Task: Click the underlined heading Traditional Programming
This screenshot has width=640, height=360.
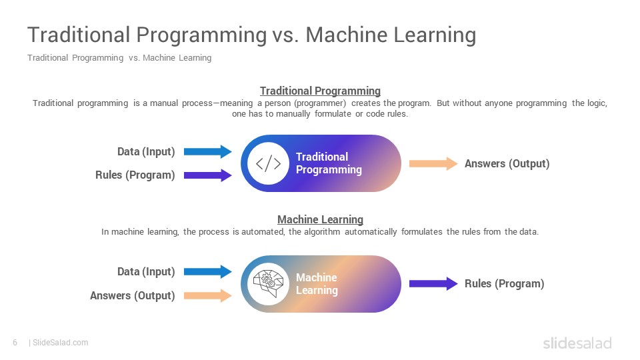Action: (x=321, y=91)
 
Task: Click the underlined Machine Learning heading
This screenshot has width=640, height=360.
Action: (x=321, y=219)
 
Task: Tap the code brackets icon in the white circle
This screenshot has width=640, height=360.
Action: (x=268, y=163)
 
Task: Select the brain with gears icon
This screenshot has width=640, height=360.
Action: (x=268, y=284)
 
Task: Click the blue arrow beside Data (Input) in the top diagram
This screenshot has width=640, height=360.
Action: (x=208, y=151)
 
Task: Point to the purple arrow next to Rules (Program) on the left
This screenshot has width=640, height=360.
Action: (x=208, y=175)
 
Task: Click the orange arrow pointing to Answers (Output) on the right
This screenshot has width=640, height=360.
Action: (x=433, y=163)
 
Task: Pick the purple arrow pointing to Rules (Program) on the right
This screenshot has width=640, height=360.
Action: (x=433, y=284)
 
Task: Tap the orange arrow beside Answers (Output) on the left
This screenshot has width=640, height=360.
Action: (x=208, y=295)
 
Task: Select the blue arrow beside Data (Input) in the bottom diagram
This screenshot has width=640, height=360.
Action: (x=208, y=272)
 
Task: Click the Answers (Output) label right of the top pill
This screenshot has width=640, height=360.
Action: (x=507, y=164)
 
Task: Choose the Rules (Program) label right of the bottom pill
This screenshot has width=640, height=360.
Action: (x=505, y=284)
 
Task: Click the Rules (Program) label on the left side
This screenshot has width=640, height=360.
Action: (x=135, y=175)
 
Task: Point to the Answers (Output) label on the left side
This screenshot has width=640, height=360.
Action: (x=132, y=295)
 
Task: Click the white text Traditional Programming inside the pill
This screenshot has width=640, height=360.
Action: (x=329, y=163)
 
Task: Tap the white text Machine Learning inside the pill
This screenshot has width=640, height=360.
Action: (x=317, y=284)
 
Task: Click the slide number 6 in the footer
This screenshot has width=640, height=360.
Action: (x=15, y=343)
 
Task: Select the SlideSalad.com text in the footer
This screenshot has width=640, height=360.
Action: (x=61, y=343)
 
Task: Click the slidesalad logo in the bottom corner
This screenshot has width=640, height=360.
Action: (x=577, y=343)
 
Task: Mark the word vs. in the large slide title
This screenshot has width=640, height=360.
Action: (x=285, y=35)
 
